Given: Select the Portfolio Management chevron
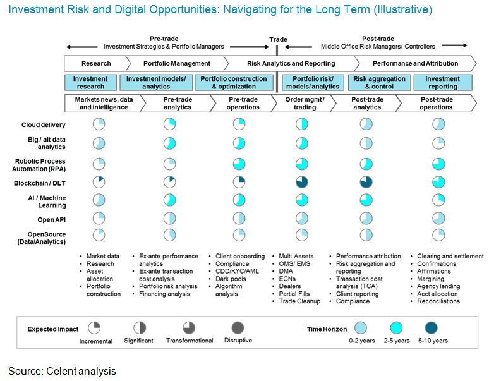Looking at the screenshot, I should coord(177,63).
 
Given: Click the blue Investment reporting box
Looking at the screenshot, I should coord(442,83).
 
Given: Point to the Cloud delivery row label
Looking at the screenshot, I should coord(42,125).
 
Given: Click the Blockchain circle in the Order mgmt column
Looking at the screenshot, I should coord(301,182).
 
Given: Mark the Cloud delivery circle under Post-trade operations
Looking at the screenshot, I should coord(438,124).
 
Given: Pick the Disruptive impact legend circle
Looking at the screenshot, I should coord(237,327).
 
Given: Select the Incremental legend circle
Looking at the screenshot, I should coord(94,327).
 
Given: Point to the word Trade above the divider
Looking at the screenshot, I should coord(278,39).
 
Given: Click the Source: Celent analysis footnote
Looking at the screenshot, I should coord(62,371).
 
